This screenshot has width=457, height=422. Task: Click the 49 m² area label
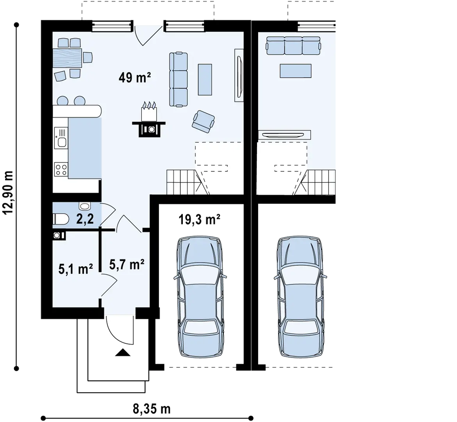click(x=135, y=78)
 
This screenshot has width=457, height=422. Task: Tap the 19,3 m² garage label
click(x=199, y=219)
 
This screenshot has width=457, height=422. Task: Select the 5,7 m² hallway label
click(x=127, y=265)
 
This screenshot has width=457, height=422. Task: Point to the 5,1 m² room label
click(x=76, y=269)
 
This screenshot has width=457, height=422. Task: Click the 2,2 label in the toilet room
click(x=85, y=219)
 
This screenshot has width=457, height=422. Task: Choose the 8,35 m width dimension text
click(x=152, y=409)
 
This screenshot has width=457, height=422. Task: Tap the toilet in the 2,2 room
click(x=61, y=219)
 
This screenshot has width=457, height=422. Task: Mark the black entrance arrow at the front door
click(x=123, y=352)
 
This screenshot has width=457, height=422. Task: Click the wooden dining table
click(x=67, y=58)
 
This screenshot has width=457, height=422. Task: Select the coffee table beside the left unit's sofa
click(x=205, y=79)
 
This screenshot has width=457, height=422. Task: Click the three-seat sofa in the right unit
click(x=293, y=45)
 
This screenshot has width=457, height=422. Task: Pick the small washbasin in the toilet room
click(x=85, y=206)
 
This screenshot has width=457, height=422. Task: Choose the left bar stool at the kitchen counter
click(x=62, y=101)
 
